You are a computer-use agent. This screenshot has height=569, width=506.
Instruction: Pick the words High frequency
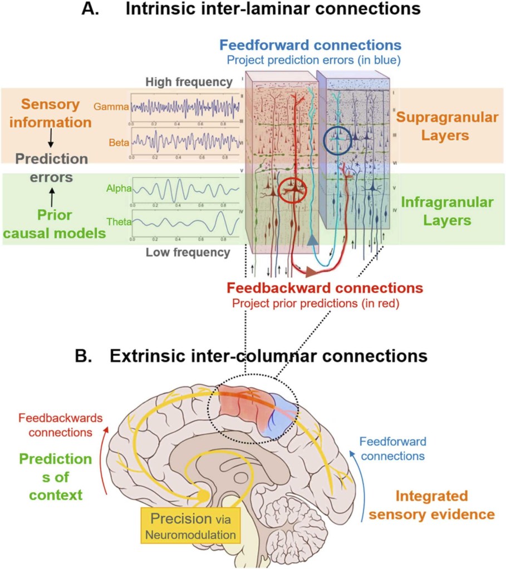tap(189, 82)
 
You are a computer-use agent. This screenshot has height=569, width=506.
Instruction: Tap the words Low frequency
tap(188, 253)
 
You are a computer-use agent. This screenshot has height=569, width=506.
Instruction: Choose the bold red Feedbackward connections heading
tap(325, 289)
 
